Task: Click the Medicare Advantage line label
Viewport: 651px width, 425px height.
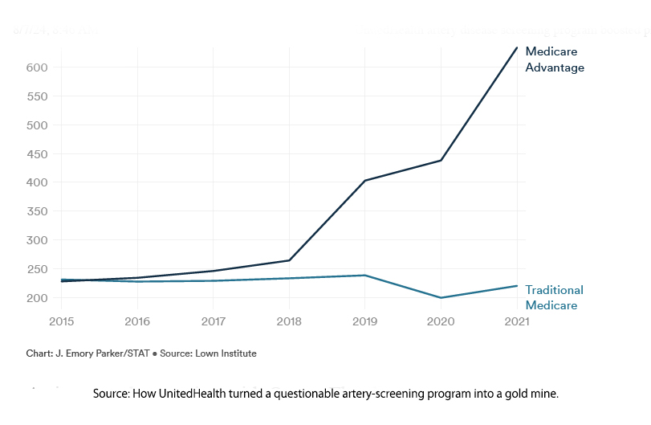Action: [554, 59]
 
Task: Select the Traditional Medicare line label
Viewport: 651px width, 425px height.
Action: [554, 297]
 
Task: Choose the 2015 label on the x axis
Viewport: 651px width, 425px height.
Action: [62, 322]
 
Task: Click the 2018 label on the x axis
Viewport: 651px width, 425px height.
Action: [289, 322]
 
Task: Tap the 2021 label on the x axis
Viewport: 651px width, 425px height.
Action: [515, 322]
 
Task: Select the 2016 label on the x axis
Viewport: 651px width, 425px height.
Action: [137, 322]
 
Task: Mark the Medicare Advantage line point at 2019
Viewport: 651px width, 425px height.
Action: [365, 181]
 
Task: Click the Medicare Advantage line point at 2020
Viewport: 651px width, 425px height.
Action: [441, 161]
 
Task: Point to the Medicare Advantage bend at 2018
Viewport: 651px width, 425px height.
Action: [289, 260]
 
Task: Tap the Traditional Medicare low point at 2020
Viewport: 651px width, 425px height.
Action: [441, 298]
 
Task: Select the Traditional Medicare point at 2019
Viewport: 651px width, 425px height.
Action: [365, 276]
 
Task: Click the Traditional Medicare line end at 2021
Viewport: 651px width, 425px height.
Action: [516, 286]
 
